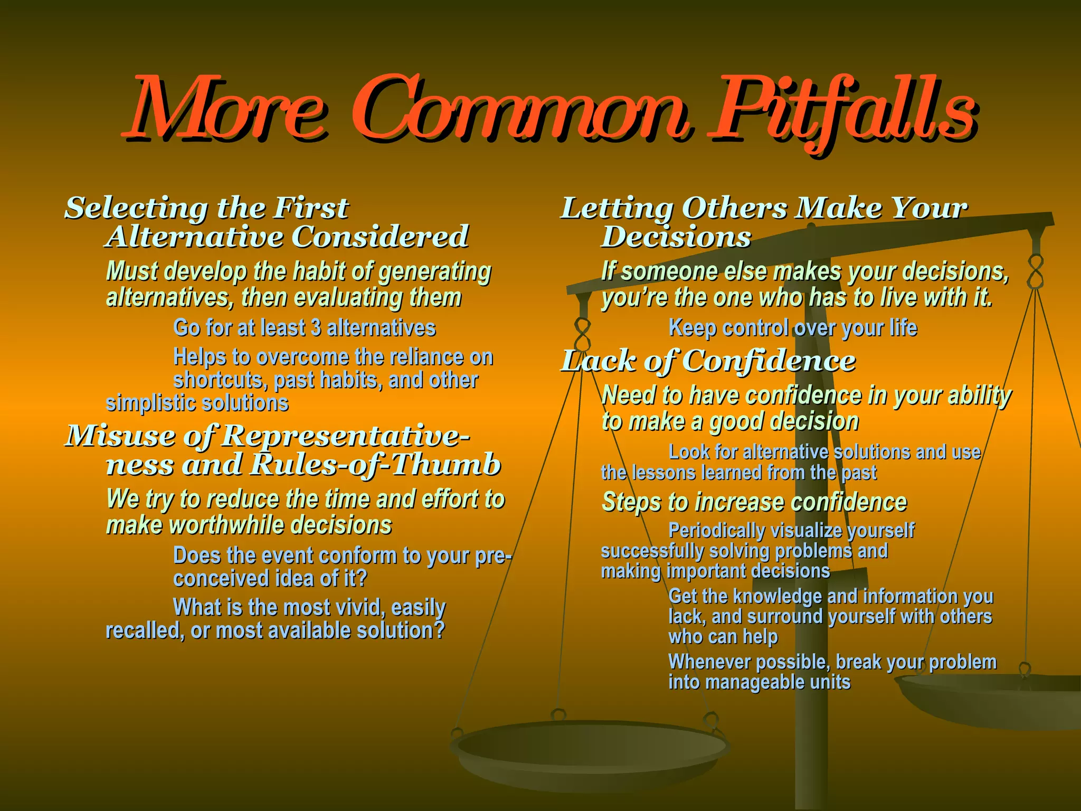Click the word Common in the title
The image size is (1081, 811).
pyautogui.click(x=519, y=112)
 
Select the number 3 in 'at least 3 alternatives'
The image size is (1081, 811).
pyautogui.click(x=316, y=328)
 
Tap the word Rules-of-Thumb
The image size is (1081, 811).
pyautogui.click(x=375, y=465)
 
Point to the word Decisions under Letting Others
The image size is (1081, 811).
pyautogui.click(x=676, y=237)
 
